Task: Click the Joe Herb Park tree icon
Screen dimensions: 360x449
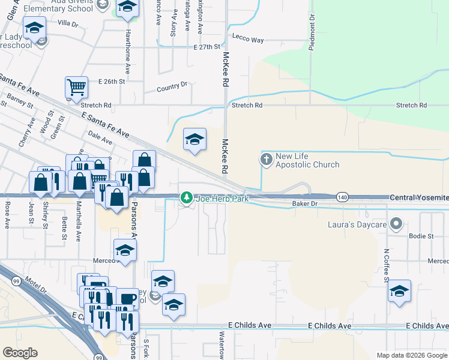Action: pyautogui.click(x=187, y=197)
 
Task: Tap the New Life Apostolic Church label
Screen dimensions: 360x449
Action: pyautogui.click(x=307, y=160)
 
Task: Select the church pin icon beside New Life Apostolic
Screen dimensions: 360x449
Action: pyautogui.click(x=267, y=160)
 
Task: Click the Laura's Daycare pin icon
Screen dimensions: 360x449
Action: pyautogui.click(x=396, y=224)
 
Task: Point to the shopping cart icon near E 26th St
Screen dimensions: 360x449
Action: pyautogui.click(x=76, y=88)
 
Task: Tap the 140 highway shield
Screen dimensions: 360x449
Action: pyautogui.click(x=342, y=197)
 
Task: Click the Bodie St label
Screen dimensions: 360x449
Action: pyautogui.click(x=421, y=236)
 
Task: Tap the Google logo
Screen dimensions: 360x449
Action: pyautogui.click(x=20, y=353)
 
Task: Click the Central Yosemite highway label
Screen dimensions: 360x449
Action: pyautogui.click(x=419, y=197)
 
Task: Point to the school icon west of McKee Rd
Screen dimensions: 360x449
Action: pyautogui.click(x=194, y=140)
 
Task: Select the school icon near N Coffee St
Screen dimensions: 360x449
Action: pyautogui.click(x=399, y=291)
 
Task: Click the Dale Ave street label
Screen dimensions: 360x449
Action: pyautogui.click(x=100, y=138)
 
